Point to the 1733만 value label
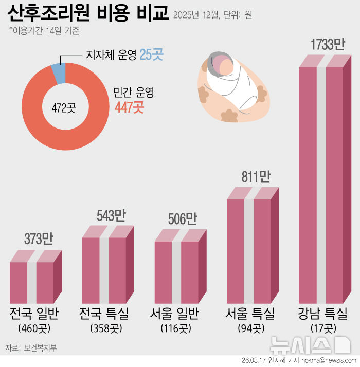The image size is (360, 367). pyautogui.click(x=327, y=44)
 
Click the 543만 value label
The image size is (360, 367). pyautogui.click(x=111, y=215)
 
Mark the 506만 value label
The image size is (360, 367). pyautogui.click(x=183, y=219)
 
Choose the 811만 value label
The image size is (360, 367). pyautogui.click(x=256, y=177)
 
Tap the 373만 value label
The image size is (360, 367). pyautogui.click(x=39, y=238)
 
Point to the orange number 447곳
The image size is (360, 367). pyautogui.click(x=129, y=107)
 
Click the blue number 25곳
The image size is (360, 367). pyautogui.click(x=154, y=55)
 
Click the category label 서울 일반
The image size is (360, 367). pyautogui.click(x=175, y=313)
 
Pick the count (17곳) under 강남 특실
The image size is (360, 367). pyautogui.click(x=322, y=327)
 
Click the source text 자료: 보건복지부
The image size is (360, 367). pyautogui.click(x=31, y=348)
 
